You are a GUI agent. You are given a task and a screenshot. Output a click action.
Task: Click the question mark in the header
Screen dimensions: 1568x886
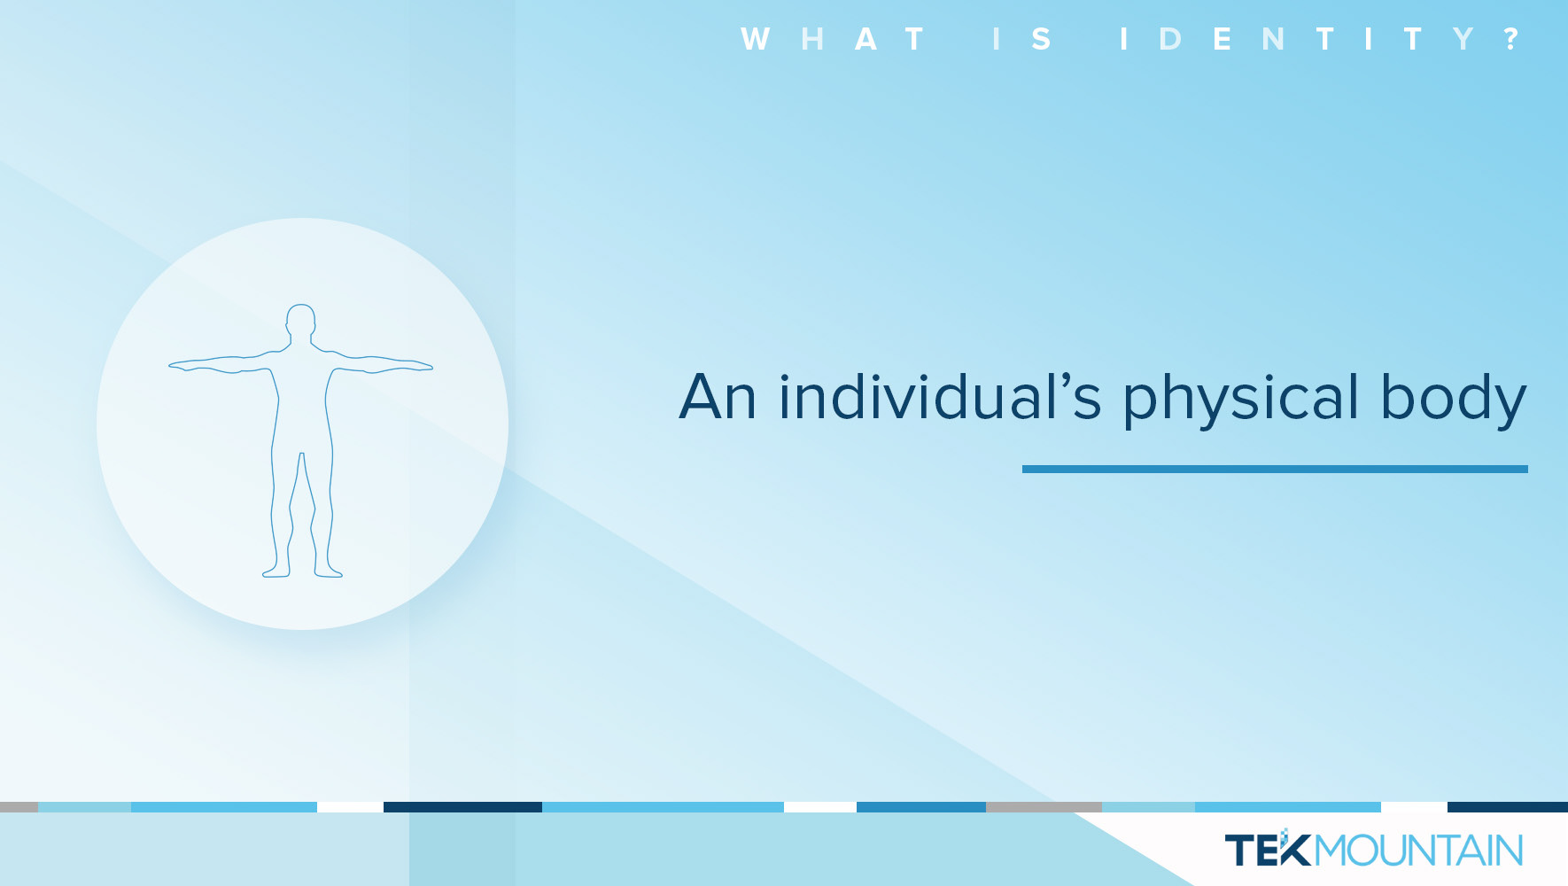[1511, 39]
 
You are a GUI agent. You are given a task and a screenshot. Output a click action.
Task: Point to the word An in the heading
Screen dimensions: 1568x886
[718, 397]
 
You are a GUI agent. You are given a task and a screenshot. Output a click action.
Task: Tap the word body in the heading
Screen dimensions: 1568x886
[1454, 399]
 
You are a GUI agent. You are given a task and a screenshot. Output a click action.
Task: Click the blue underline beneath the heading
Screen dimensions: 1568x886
[1275, 469]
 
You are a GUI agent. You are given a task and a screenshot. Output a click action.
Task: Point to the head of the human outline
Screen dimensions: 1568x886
[301, 320]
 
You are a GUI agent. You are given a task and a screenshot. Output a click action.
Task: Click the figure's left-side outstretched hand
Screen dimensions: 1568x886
[182, 364]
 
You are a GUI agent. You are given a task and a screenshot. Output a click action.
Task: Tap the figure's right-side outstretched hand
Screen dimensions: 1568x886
[419, 364]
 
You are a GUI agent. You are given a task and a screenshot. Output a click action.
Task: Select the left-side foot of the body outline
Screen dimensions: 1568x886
[276, 571]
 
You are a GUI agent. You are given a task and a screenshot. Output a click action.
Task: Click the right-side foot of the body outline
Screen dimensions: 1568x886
[328, 571]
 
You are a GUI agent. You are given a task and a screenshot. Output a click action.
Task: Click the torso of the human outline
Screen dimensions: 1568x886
[301, 399]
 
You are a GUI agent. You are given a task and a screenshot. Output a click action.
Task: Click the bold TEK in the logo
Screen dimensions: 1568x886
[1268, 850]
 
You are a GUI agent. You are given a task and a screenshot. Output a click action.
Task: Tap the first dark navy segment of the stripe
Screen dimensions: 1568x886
[462, 807]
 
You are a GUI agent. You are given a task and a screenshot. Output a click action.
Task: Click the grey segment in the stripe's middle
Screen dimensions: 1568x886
[1044, 807]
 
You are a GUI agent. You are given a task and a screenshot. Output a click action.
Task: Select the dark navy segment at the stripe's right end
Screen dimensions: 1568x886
[1508, 807]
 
